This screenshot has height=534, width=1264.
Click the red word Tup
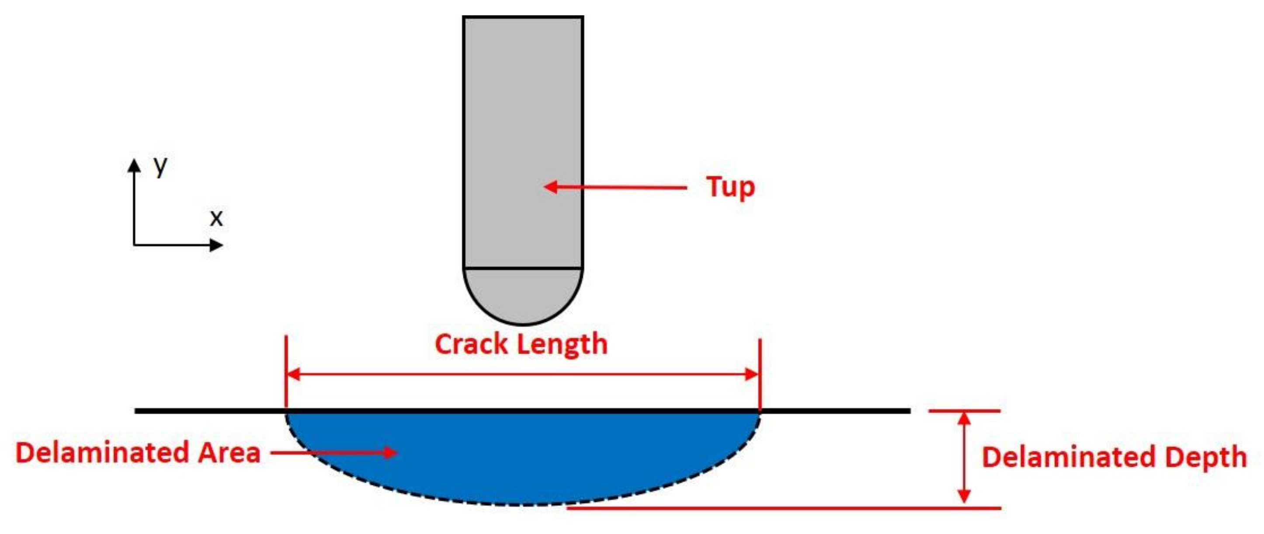(x=730, y=188)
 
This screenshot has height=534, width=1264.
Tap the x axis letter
(x=216, y=218)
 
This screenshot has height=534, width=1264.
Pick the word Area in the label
(x=229, y=453)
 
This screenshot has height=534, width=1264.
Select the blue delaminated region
(x=523, y=457)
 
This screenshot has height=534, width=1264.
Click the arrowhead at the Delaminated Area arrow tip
(x=391, y=452)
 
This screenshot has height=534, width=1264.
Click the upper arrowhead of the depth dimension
(x=965, y=418)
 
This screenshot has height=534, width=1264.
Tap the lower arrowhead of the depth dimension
(x=965, y=497)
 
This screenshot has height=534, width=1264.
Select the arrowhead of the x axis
(x=216, y=244)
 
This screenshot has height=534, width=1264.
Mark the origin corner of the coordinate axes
(x=134, y=244)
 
